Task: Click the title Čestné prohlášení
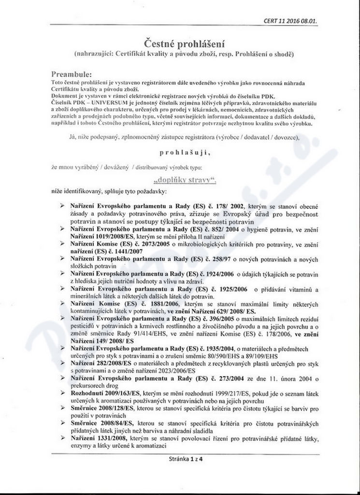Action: (x=180, y=44)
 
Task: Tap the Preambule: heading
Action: (x=71, y=75)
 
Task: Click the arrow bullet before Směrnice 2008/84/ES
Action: (x=62, y=423)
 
